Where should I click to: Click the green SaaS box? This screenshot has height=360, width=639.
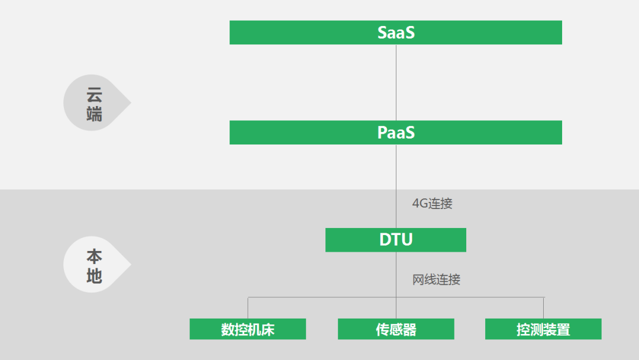[x=395, y=33]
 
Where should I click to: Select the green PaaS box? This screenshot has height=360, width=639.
[x=395, y=133]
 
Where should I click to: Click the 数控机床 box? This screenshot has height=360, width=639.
[x=247, y=329]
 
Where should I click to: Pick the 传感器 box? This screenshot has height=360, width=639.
[x=396, y=329]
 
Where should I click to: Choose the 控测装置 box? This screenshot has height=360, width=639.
[x=543, y=329]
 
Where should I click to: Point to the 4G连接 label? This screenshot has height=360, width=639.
[x=433, y=204]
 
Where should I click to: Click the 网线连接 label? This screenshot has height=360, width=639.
[x=436, y=279]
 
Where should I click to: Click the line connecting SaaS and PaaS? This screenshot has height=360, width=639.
[x=396, y=82]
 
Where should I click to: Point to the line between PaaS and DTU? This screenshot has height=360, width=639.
[x=396, y=178]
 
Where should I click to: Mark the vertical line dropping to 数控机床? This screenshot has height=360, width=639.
[x=248, y=308]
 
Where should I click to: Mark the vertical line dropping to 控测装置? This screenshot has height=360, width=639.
[x=543, y=308]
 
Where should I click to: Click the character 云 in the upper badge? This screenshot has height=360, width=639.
[x=94, y=94]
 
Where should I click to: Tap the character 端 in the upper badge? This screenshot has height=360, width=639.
[x=94, y=114]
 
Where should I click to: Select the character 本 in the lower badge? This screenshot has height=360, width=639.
[x=94, y=257]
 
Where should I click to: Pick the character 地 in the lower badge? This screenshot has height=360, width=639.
[x=94, y=276]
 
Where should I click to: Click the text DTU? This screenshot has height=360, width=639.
[x=396, y=240]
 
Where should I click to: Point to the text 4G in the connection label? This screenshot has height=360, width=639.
[x=419, y=204]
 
